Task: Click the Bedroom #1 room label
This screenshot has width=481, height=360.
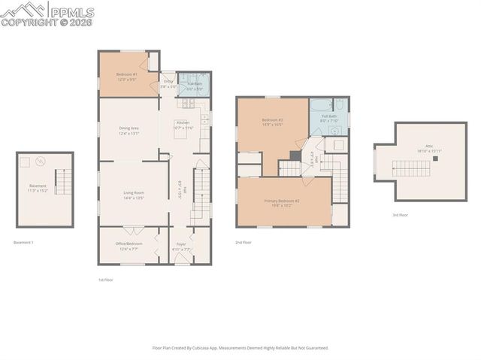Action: coord(126,74)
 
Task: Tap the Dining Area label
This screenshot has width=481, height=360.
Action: coord(129,128)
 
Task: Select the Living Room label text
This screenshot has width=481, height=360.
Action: coord(134,193)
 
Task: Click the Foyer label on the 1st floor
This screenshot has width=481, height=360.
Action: coord(181,244)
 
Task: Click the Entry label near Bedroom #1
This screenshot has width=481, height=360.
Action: coord(168,81)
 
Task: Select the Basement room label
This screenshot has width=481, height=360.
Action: coord(38,186)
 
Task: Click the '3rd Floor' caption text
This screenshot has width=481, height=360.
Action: coord(400,215)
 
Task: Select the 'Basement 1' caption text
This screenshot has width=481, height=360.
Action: coord(24,242)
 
